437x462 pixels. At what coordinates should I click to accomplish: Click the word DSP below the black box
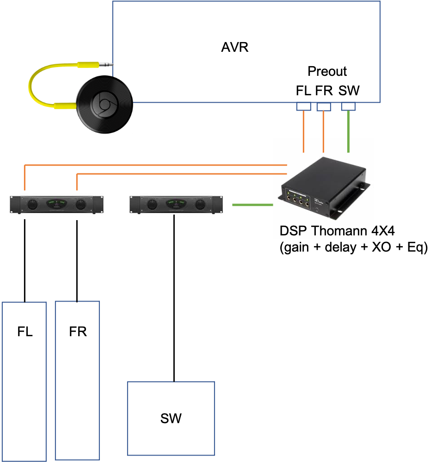click(293, 231)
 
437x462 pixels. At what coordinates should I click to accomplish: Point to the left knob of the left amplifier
click(32, 204)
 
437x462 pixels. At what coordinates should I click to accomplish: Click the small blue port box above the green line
click(348, 107)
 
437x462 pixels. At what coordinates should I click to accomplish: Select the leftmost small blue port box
click(303, 107)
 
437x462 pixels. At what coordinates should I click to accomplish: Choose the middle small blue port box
click(324, 107)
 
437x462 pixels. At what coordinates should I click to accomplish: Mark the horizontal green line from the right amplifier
click(252, 204)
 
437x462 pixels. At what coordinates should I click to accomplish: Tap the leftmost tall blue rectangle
click(24, 381)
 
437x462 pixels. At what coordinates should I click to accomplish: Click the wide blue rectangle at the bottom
click(171, 418)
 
